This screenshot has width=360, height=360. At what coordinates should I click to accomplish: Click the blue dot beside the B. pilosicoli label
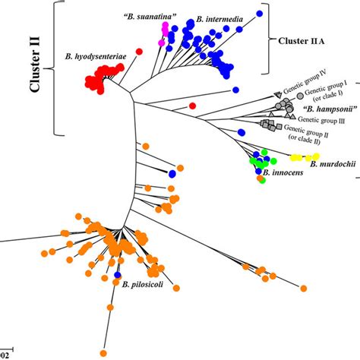[118, 275]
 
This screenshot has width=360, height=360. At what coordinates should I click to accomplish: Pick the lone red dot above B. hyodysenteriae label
[139, 52]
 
